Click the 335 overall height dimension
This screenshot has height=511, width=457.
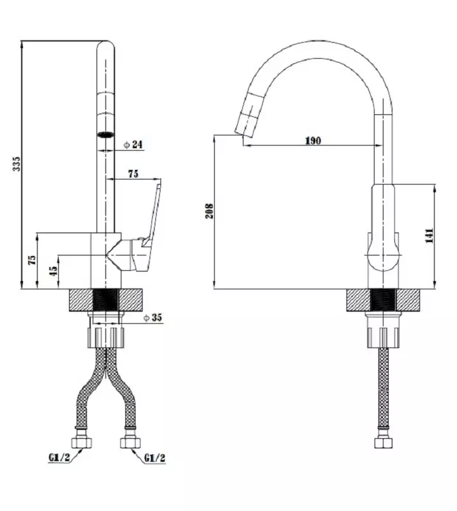pyautogui.click(x=17, y=164)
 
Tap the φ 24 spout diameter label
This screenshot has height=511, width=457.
pyautogui.click(x=133, y=144)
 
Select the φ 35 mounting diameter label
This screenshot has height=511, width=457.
pyautogui.click(x=153, y=317)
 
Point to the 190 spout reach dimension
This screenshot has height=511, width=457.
pyautogui.click(x=313, y=141)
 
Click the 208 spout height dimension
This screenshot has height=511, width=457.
pyautogui.click(x=209, y=211)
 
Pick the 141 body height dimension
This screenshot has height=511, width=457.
pyautogui.click(x=430, y=236)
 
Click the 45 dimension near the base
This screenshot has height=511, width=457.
pyautogui.click(x=53, y=271)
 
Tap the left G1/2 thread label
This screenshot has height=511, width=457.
pyautogui.click(x=59, y=458)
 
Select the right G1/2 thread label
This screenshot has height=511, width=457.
pyautogui.click(x=155, y=459)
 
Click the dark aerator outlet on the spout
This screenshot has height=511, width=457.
pyautogui.click(x=105, y=134)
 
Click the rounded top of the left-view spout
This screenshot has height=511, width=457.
pyautogui.click(x=105, y=45)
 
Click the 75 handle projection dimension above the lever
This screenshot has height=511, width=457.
pyautogui.click(x=133, y=174)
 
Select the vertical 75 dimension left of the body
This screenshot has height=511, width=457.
pyautogui.click(x=33, y=260)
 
